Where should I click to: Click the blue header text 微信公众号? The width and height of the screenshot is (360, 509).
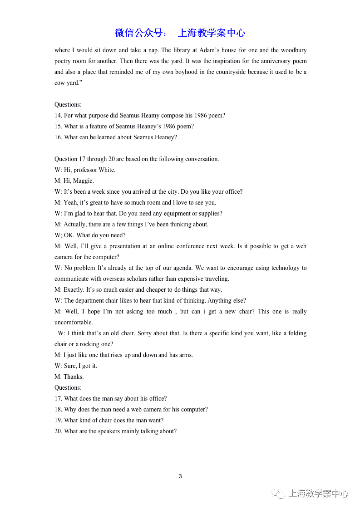(141, 33)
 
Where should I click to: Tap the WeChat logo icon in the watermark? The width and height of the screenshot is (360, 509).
(278, 494)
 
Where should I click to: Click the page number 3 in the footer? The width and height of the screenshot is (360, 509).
(180, 476)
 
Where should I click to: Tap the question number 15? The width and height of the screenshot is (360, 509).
(58, 127)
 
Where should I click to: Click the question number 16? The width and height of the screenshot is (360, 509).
(58, 137)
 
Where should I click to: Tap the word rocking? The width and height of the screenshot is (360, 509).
(89, 344)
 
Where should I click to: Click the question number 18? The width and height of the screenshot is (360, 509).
(58, 410)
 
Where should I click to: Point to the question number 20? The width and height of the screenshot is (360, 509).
(58, 431)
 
